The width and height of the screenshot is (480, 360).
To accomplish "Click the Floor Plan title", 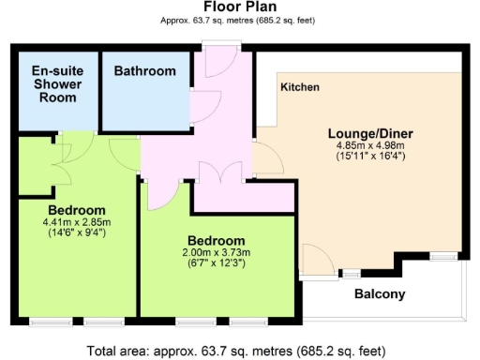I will tap(239, 7).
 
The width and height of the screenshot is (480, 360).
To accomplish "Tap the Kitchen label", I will tap(300, 87).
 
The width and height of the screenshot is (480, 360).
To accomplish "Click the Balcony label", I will tap(380, 294).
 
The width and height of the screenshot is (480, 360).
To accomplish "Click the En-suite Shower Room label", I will tap(57, 84).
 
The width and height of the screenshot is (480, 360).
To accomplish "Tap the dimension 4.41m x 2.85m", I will tap(77, 222).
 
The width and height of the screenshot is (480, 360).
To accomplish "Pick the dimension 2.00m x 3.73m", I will tap(216, 253).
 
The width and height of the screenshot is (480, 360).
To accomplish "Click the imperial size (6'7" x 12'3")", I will tap(216, 264).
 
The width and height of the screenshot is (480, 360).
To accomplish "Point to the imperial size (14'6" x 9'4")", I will tap(77, 233).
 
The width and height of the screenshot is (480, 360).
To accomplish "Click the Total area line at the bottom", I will tap(239, 351).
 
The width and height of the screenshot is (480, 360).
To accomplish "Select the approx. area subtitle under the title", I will tap(239, 20).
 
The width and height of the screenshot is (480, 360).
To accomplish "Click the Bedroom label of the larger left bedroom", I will tap(77, 209).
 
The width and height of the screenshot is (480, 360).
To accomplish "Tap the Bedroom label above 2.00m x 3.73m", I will tap(216, 240).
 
